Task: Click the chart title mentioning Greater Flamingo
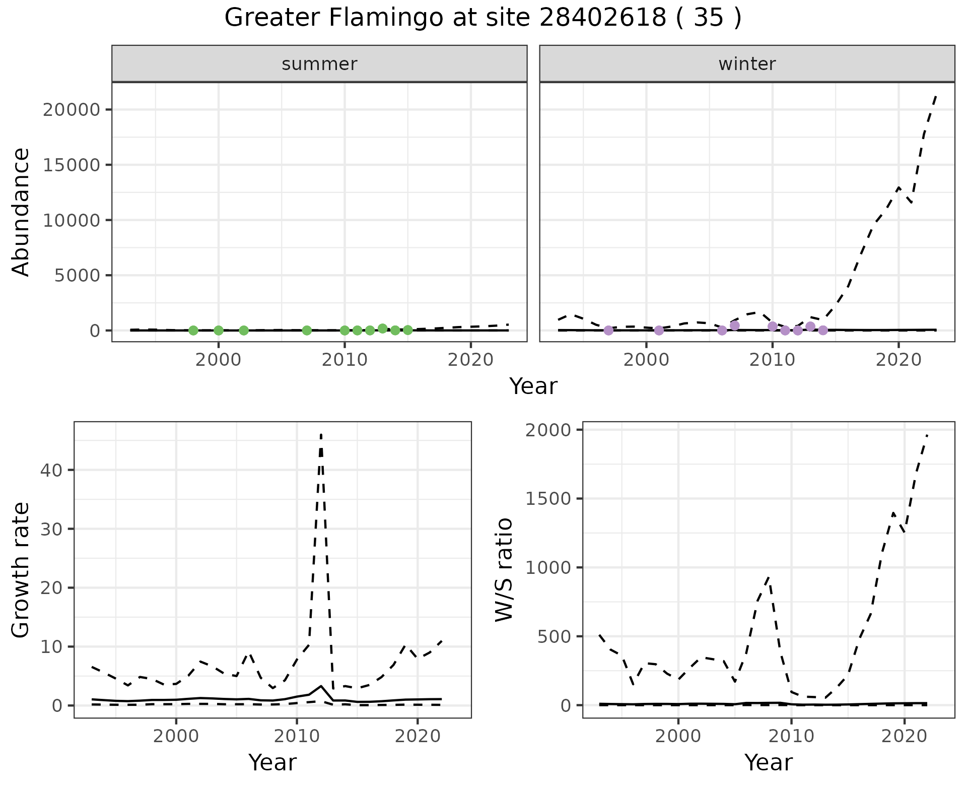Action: point(482,18)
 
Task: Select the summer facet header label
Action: point(319,64)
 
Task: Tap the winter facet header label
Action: point(747,64)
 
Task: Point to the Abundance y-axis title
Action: point(21,212)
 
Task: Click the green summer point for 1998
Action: point(193,331)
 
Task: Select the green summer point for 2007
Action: point(307,331)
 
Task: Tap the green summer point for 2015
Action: point(408,330)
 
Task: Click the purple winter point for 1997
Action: point(608,331)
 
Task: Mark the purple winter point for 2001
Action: point(659,331)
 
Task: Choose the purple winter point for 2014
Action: point(823,331)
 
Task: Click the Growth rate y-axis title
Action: point(21,570)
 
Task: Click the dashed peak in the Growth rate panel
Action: point(321,435)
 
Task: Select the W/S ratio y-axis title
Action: point(504,570)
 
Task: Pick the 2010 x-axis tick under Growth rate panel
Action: point(296,736)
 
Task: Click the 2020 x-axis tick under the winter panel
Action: point(898,360)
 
